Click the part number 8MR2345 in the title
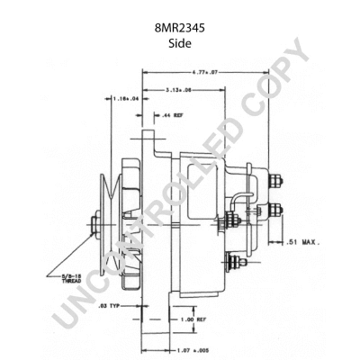pyautogui.click(x=179, y=28)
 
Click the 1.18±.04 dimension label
pyautogui.click(x=127, y=98)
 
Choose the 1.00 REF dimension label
pyautogui.click(x=190, y=320)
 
